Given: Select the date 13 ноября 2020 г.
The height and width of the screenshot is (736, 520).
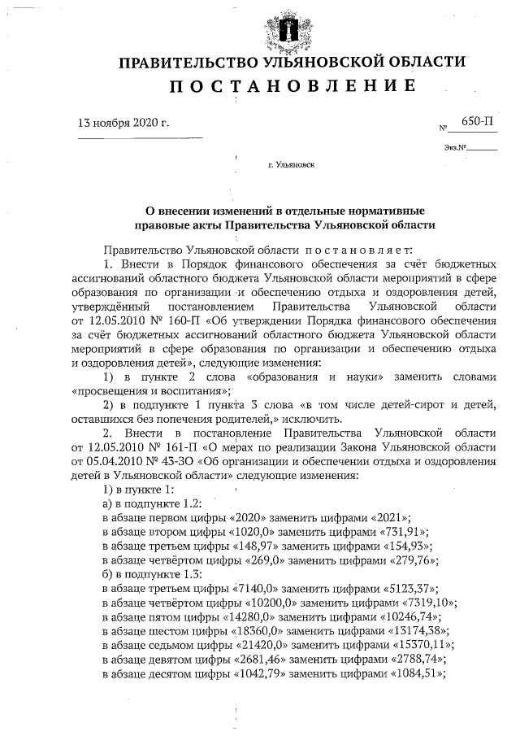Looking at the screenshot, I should (x=123, y=124).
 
